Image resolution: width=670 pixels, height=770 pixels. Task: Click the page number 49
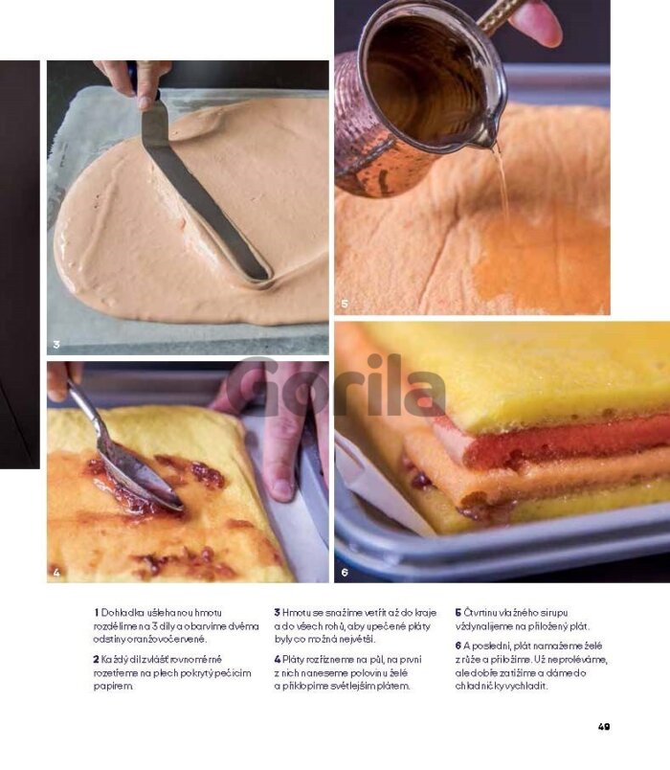tap(604, 726)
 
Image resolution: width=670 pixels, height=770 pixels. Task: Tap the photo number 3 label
tap(56, 345)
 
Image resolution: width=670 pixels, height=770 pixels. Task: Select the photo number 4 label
tap(56, 572)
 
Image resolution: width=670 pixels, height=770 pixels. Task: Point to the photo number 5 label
tap(345, 304)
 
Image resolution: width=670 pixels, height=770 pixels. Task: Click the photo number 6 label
tap(345, 572)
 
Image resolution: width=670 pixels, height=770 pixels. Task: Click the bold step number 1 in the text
tap(97, 613)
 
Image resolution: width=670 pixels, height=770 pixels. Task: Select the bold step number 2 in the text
tap(97, 660)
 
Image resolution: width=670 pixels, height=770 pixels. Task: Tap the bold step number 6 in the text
tap(458, 645)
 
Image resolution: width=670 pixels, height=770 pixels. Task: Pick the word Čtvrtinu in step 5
tap(480, 613)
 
